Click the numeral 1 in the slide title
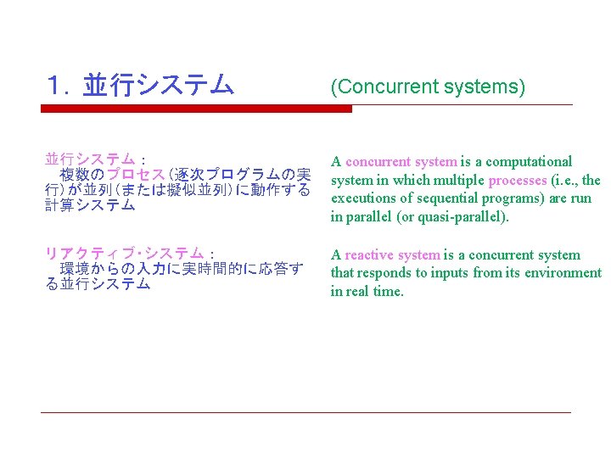56,85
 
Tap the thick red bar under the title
196,109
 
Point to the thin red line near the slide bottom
305,413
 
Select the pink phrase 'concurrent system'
401,161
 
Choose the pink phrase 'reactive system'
392,254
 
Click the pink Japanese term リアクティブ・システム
124,254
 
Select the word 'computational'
530,161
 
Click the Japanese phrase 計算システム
90,204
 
